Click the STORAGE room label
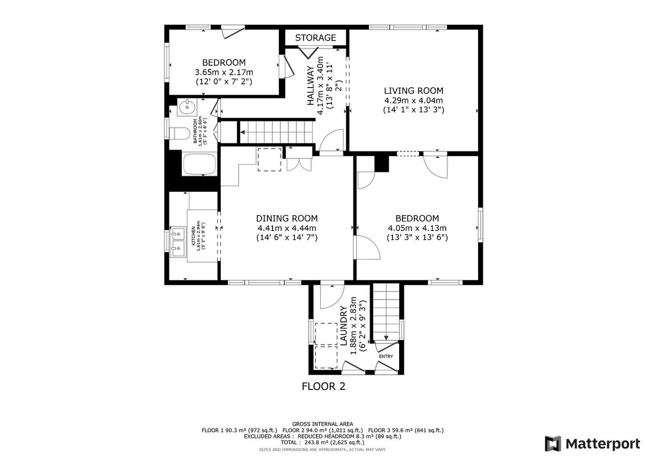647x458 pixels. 315,38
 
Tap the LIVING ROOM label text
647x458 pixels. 413,90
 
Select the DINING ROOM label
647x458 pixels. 287,218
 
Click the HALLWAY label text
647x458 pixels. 311,86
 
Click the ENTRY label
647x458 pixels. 386,356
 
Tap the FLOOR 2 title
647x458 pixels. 323,386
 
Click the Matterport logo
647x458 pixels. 592,444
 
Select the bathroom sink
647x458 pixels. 187,108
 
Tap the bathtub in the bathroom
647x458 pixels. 199,164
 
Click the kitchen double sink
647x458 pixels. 178,241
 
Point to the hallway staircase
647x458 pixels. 276,132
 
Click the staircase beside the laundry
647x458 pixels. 385,310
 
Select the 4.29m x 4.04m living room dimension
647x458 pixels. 413,100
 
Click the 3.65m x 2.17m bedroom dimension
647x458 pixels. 224,72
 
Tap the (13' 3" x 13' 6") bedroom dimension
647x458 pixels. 417,237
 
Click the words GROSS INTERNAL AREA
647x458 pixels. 322,424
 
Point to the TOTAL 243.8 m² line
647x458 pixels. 322,442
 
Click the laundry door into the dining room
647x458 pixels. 331,295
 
